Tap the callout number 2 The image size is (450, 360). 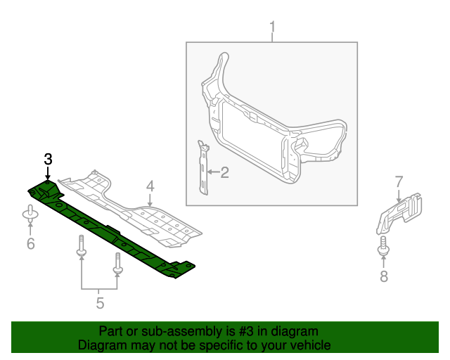[225, 172]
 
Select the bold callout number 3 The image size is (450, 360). [48, 159]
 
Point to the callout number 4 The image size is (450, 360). [150, 186]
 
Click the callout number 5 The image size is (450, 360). [100, 303]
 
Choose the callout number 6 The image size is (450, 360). [30, 244]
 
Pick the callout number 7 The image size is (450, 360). [398, 182]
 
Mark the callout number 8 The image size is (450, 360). [384, 276]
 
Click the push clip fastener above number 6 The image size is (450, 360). [30, 216]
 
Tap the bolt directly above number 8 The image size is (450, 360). [384, 247]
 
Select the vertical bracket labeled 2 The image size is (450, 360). [204, 169]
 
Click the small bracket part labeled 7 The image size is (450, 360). [399, 213]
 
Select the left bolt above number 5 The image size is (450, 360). [82, 245]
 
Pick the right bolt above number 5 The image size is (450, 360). [117, 264]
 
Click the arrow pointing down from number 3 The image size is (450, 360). [48, 174]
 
